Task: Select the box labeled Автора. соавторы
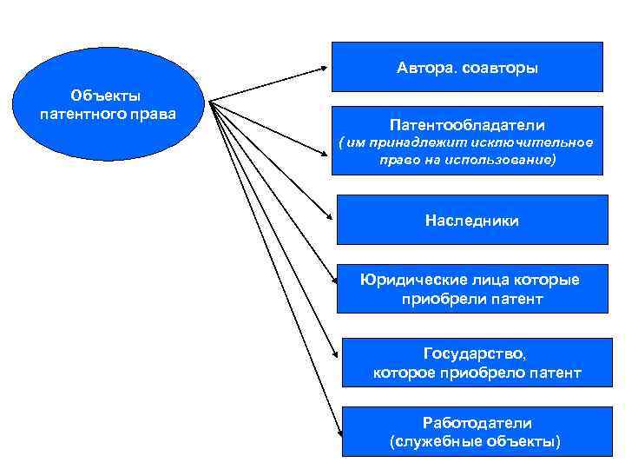pyautogui.click(x=467, y=67)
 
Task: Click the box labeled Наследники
pyautogui.click(x=472, y=220)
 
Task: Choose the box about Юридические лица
pyautogui.click(x=471, y=288)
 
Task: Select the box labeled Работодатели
pyautogui.click(x=477, y=432)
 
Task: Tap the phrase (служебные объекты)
pyautogui.click(x=477, y=442)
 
